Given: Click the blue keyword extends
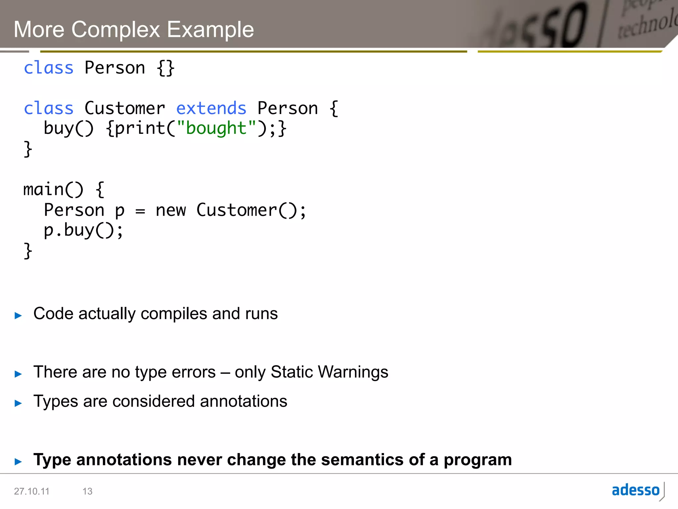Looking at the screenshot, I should tap(211, 108).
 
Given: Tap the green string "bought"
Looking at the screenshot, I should tap(216, 128).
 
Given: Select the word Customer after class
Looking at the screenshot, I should tap(124, 108).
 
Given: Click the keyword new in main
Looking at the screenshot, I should tap(170, 210).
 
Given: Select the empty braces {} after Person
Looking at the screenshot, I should tap(165, 68).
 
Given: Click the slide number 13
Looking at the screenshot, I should tap(87, 491).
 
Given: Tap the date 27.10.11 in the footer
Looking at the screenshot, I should tap(31, 491).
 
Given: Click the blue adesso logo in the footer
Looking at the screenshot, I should tap(636, 490).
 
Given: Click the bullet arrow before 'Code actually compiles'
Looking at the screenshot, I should tap(18, 315).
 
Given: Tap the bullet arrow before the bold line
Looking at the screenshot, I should tap(18, 461).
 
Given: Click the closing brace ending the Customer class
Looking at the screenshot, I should tap(28, 149).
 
